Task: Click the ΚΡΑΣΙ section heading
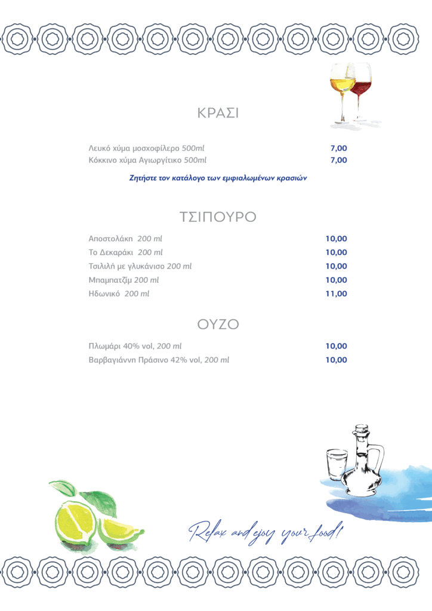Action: tap(218, 113)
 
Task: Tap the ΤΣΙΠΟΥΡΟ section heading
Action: tap(218, 217)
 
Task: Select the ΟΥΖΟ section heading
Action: tap(218, 325)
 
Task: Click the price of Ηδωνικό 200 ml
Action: tap(336, 294)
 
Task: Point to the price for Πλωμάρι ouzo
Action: tap(336, 346)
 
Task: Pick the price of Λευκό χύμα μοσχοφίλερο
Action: tap(338, 148)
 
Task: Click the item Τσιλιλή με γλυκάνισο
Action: tap(140, 266)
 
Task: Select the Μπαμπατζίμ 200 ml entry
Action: tap(124, 280)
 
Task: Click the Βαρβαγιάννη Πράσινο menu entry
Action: tap(159, 360)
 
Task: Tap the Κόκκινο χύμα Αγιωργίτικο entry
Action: tap(147, 160)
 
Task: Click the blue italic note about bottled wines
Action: tap(218, 178)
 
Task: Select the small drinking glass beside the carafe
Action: tap(337, 467)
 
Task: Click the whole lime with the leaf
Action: tap(75, 519)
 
